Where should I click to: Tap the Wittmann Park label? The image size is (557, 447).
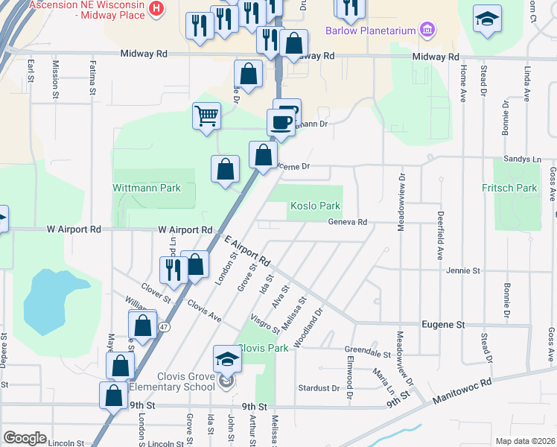point(147,188)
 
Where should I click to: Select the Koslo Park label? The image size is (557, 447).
point(315,206)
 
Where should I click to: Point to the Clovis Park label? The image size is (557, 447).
point(263,348)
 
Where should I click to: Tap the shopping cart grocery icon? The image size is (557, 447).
point(206,115)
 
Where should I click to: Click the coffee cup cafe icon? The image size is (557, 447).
point(281,123)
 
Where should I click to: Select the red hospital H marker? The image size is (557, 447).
point(156,9)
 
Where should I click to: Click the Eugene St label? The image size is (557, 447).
point(443,325)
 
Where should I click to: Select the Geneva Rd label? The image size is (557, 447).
point(348,222)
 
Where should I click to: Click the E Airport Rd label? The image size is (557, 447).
point(246,253)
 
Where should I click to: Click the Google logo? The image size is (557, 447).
point(25,438)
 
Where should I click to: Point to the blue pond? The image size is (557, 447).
point(54,302)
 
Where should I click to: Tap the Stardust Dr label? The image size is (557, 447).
point(319,388)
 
